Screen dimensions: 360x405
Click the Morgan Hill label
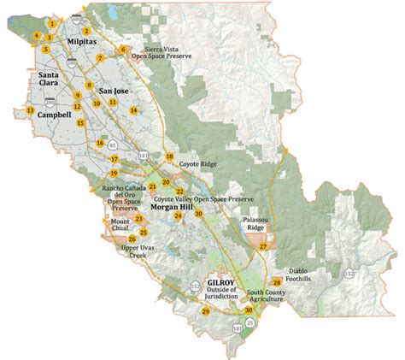click(176, 206)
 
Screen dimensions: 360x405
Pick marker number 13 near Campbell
click(30, 111)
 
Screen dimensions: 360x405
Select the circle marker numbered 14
click(133, 110)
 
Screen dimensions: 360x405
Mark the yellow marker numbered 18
click(169, 157)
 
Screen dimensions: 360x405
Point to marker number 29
click(205, 312)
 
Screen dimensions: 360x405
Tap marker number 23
click(138, 219)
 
